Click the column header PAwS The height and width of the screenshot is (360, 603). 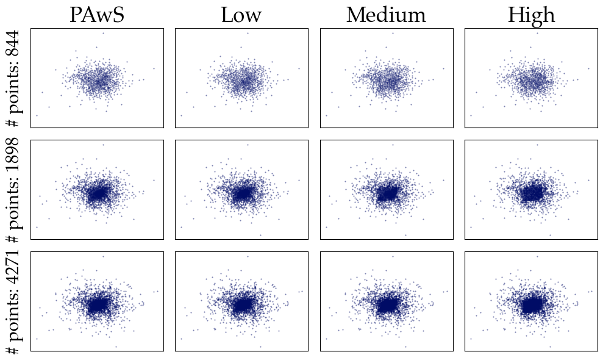click(97, 15)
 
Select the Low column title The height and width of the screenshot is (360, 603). click(241, 15)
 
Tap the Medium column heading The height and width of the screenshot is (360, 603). click(386, 15)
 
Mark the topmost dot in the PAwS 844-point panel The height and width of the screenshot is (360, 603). click(103, 33)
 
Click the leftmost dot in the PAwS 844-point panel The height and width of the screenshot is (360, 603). click(37, 115)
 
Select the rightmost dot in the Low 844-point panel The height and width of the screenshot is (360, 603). click(299, 69)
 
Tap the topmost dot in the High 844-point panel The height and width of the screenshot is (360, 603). click(537, 33)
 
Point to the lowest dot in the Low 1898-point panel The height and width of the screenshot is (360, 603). click(260, 236)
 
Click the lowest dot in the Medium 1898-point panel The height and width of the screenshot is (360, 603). click(405, 236)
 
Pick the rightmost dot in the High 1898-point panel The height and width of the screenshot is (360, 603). click(588, 180)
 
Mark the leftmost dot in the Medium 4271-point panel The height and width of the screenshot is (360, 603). click(326, 339)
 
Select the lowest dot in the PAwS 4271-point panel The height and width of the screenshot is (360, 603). click(116, 347)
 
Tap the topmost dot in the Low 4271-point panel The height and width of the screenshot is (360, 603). click(248, 256)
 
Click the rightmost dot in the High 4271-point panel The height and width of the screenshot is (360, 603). click(591, 292)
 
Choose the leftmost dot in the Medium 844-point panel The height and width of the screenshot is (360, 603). click(326, 115)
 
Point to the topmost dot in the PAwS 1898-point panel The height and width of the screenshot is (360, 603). click(103, 145)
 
